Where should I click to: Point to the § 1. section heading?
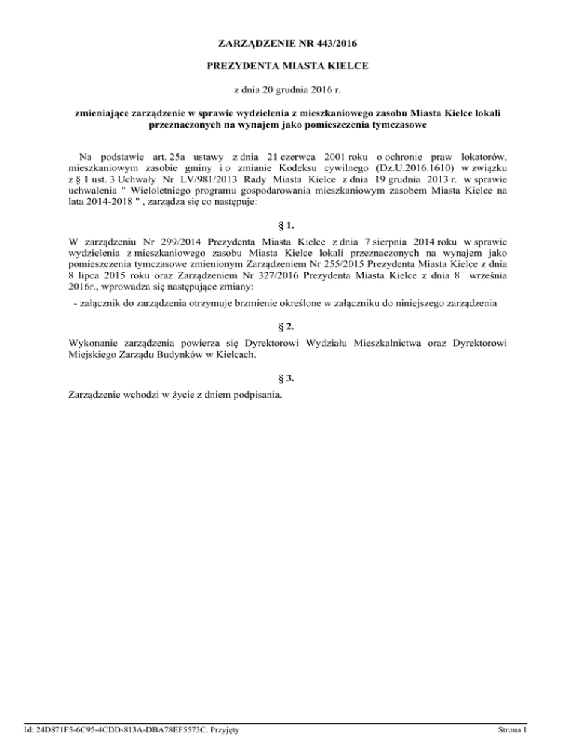tap(288, 225)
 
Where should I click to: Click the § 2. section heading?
tap(288, 326)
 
